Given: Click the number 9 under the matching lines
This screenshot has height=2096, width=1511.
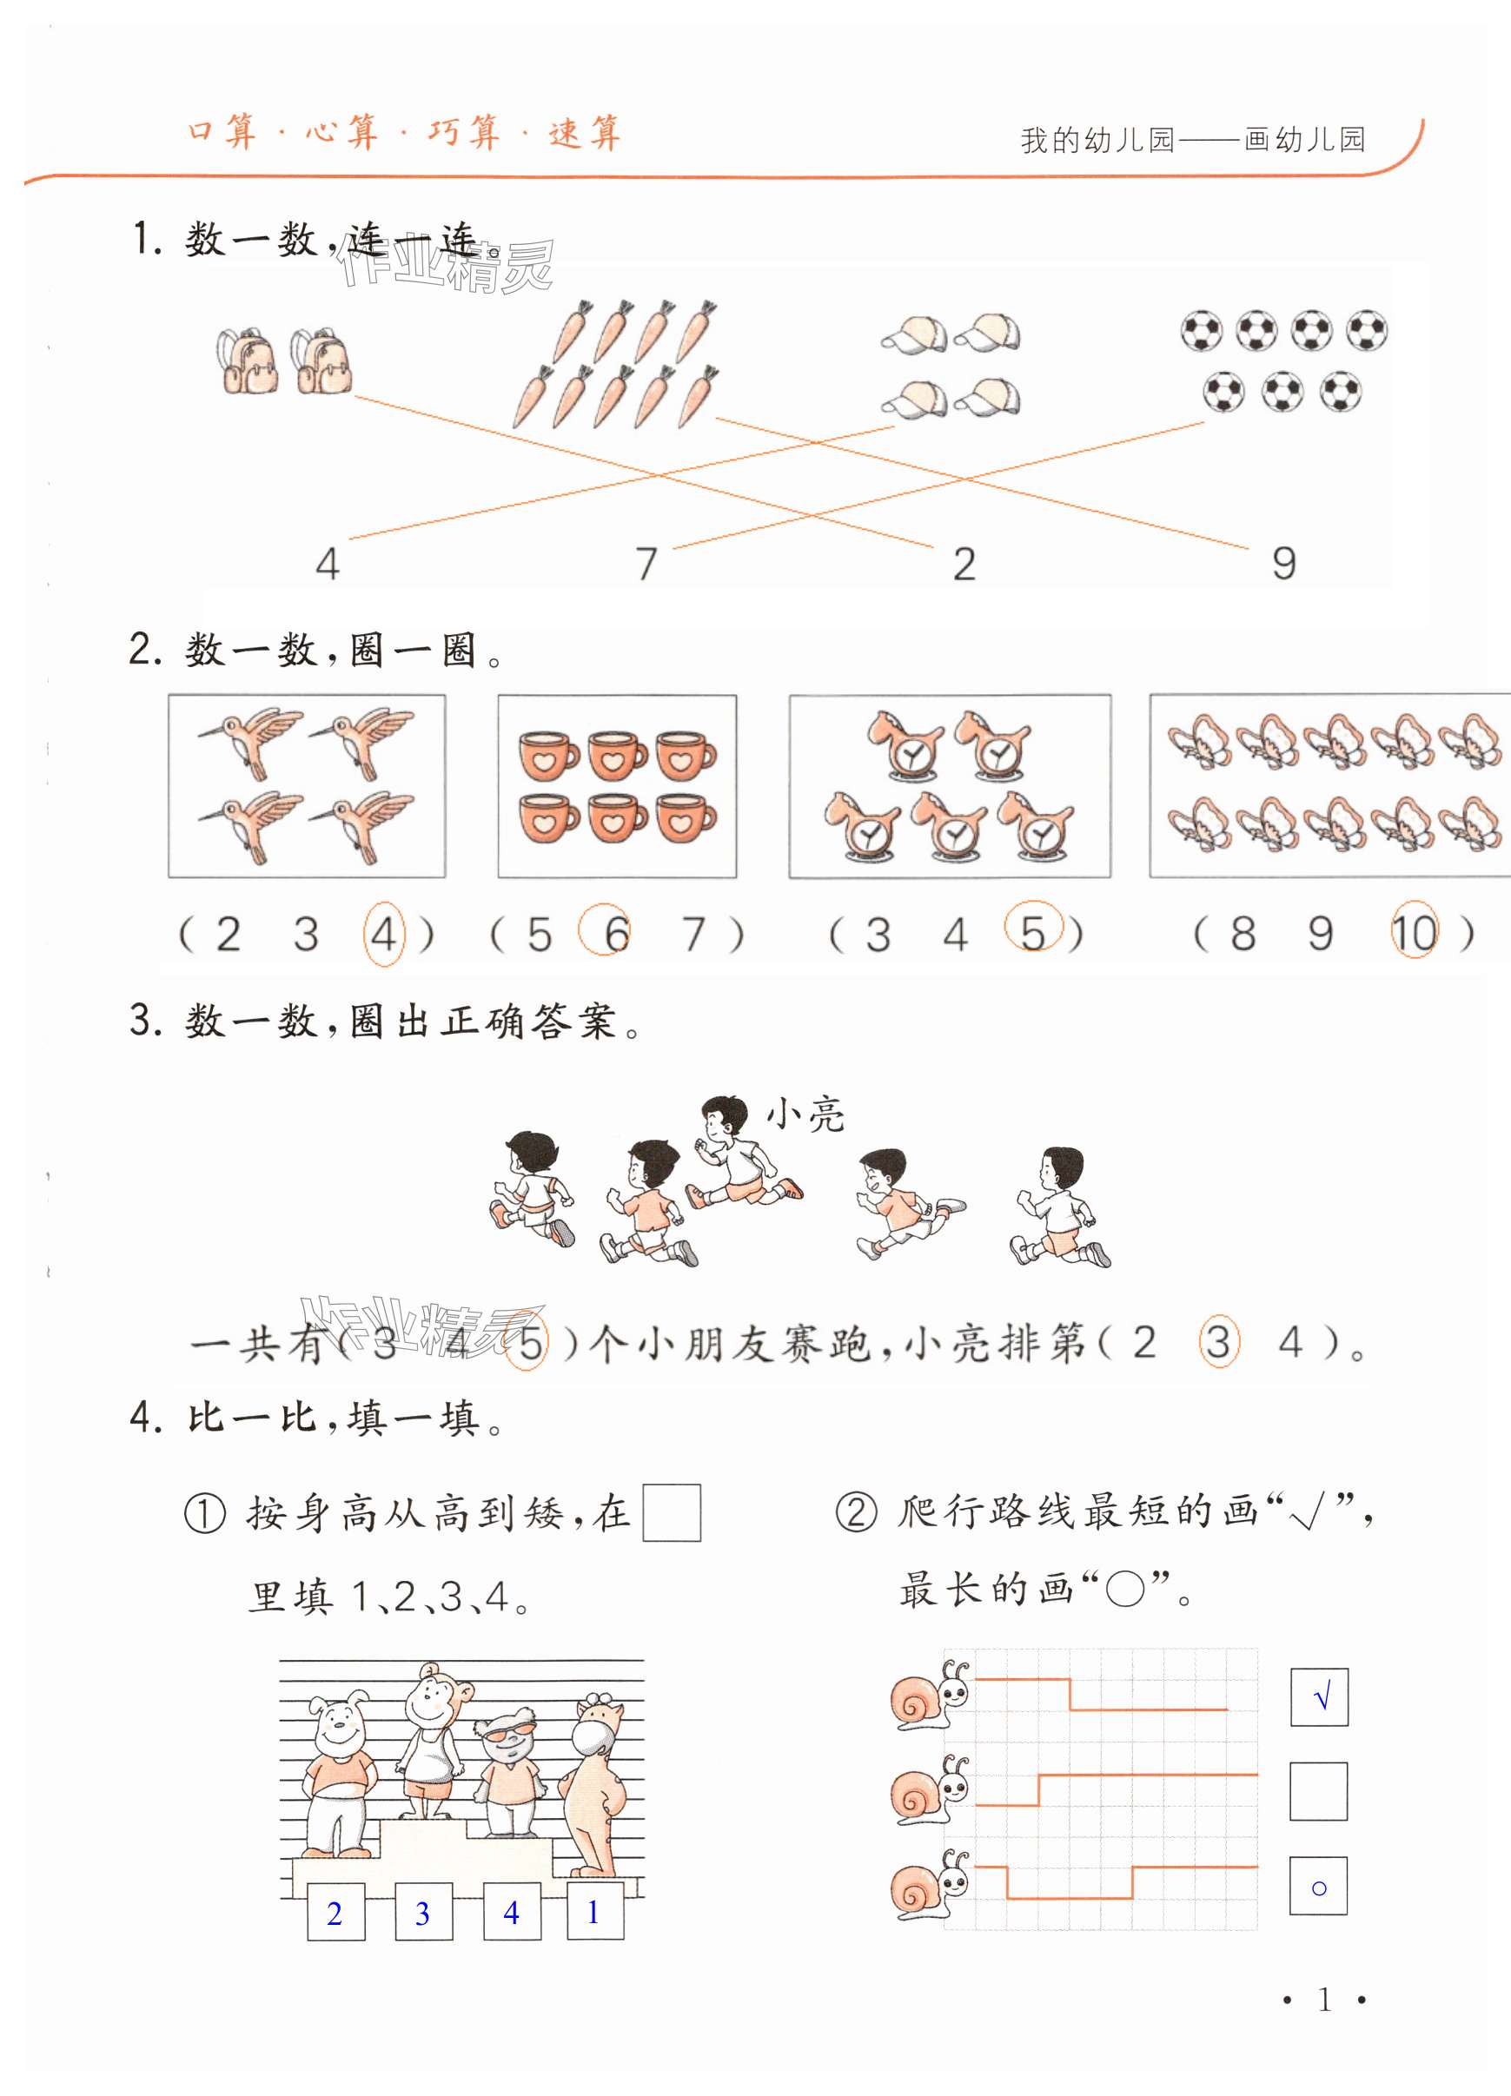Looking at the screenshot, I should tap(1283, 563).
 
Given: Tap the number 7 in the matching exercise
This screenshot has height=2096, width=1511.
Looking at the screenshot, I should tap(646, 563).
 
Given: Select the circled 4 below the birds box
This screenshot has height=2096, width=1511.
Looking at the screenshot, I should tap(383, 935).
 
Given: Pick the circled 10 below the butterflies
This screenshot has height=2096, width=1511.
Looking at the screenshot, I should tap(1414, 933).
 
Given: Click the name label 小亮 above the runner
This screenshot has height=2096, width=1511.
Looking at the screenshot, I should tap(805, 1114).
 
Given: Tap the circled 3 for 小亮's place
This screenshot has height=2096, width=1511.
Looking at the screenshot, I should tap(1218, 1342).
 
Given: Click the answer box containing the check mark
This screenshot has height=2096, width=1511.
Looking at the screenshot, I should tap(1319, 1696).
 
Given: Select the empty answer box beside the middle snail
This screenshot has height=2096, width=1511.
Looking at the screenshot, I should tap(1319, 1791).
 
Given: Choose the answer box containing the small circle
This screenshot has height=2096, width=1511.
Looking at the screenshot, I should tap(1319, 1885).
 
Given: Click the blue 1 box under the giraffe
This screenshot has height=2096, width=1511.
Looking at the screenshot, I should tap(594, 1911).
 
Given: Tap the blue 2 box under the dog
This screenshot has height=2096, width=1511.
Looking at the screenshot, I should tap(335, 1912).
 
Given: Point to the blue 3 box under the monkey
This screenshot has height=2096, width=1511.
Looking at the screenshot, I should tap(423, 1912).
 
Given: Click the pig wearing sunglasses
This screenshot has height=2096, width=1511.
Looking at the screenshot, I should tap(509, 1775).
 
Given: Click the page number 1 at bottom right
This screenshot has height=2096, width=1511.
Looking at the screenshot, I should tap(1324, 1999).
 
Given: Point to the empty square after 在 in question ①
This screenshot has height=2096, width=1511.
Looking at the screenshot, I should tap(672, 1513).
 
